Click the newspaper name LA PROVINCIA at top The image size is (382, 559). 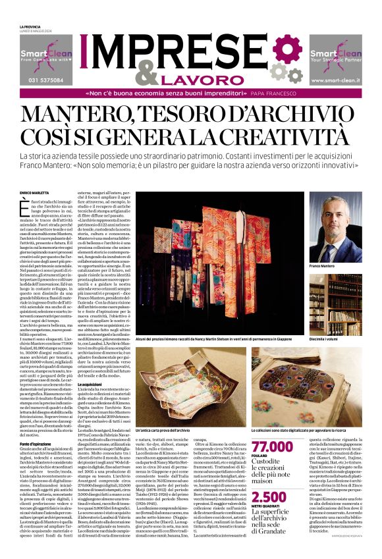pos(30,26)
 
